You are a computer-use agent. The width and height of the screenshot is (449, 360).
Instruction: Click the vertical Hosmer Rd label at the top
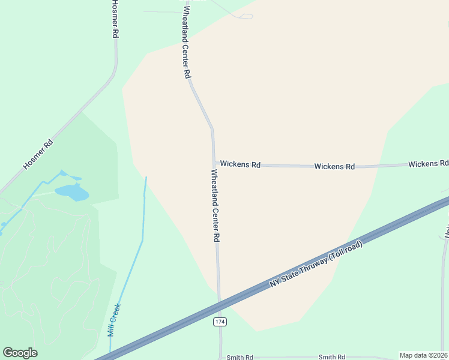tap(115, 19)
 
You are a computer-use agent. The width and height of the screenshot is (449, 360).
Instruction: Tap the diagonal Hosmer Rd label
tap(38, 154)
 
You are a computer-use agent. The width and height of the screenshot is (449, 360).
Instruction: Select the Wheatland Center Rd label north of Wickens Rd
tap(186, 41)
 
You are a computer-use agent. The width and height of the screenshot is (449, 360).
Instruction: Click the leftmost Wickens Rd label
tap(240, 164)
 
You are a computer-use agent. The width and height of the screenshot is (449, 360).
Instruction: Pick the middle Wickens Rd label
tap(334, 166)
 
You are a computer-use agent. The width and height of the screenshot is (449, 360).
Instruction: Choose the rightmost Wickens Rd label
tap(428, 163)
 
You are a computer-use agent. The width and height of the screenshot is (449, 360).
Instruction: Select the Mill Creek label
tap(114, 319)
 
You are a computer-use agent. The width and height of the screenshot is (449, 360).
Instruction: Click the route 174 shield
tap(220, 322)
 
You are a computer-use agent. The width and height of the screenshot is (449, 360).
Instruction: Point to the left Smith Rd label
tap(240, 357)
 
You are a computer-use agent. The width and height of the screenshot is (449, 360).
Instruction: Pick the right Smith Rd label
tap(332, 357)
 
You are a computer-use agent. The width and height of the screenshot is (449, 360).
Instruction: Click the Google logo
tap(20, 353)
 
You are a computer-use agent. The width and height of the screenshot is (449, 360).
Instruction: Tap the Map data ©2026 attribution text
tap(423, 355)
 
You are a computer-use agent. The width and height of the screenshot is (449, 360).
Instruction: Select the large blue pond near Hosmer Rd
tap(71, 193)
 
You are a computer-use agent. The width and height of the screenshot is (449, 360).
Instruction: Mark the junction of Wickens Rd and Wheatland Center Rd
tap(214, 164)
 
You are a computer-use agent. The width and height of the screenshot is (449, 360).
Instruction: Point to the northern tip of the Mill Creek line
tap(146, 177)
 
